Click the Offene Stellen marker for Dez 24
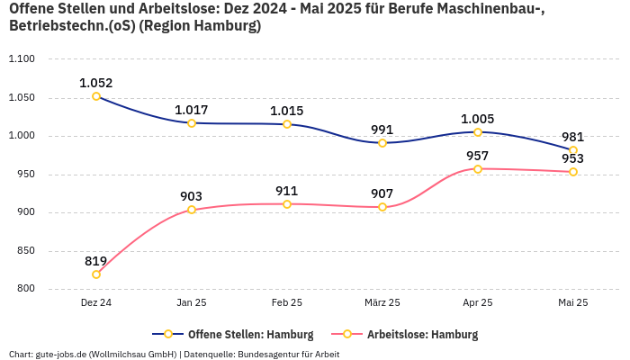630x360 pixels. tap(96, 96)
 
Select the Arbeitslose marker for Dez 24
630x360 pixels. tap(96, 274)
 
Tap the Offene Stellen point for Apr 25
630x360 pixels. tap(478, 132)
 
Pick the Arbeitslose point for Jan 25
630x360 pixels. tap(192, 210)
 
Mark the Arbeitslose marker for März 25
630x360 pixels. tap(382, 207)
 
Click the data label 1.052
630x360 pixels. tap(96, 83)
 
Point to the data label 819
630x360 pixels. tap(96, 261)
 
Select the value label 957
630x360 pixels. tap(478, 156)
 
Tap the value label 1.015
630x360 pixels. tap(287, 111)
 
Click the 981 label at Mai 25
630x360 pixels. tap(573, 137)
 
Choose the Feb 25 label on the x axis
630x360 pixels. tap(287, 303)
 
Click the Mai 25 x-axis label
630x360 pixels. tap(573, 303)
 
